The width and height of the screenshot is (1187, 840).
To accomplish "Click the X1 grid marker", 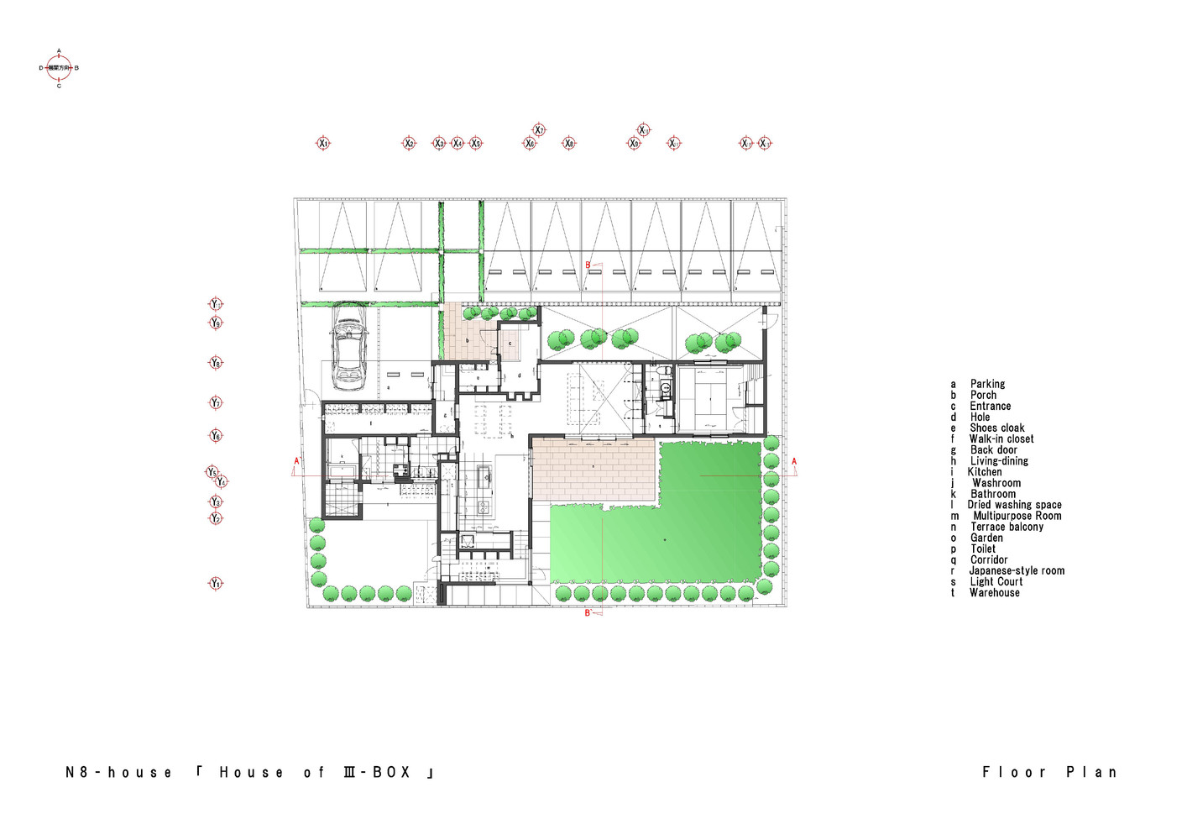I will coord(323,144).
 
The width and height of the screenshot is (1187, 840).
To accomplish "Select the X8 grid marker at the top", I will coord(568,144).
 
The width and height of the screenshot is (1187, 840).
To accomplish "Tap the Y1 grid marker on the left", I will coord(216,584).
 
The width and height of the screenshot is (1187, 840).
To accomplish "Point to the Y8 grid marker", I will coord(216,363).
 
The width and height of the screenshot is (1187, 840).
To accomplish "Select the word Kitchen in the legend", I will coord(984,472).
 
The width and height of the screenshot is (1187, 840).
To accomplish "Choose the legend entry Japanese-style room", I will coord(1017,571).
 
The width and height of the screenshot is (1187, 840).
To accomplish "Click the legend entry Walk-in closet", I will coord(1001,439).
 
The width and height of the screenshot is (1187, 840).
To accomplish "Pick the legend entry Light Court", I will coord(996,582).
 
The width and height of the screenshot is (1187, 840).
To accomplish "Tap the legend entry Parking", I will coord(987,384).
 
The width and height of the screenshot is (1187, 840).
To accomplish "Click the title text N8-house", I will coord(118,773).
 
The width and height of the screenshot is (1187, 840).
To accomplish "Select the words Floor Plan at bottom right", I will coord(1049,772).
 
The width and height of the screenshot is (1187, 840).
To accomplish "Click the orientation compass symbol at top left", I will coord(59,68).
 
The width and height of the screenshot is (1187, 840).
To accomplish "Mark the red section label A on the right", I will coord(794,462).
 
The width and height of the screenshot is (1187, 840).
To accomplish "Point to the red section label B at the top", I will coord(588,265).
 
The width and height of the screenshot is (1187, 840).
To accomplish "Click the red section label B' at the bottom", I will coord(588,613).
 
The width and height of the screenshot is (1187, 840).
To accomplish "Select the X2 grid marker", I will coord(409,144).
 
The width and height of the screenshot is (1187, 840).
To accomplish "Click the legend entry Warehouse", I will coord(994,593).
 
